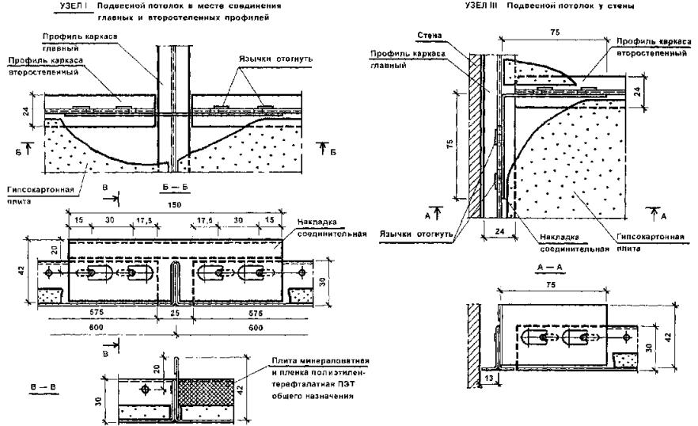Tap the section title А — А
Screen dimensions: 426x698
544,268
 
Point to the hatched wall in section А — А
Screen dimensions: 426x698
472,340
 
